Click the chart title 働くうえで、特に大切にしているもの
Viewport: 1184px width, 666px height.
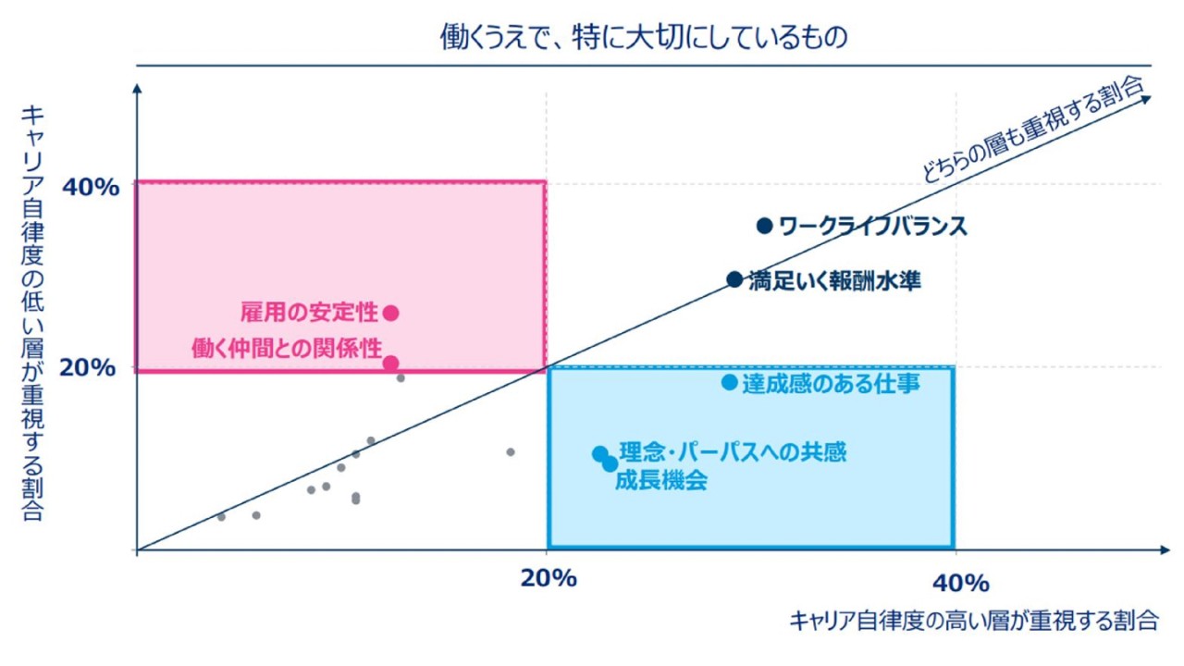644,38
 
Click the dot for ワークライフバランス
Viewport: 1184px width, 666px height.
764,226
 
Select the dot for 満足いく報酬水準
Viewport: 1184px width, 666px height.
734,279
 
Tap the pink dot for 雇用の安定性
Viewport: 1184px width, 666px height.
391,313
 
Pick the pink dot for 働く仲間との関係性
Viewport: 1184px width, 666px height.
391,364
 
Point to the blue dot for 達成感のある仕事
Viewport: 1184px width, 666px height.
730,382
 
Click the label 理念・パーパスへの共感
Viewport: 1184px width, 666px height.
733,452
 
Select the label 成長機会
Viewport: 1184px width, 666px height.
660,481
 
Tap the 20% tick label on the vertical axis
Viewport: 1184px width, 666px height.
90,368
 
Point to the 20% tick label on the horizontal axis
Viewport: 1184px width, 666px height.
549,580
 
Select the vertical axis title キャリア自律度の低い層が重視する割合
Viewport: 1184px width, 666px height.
32,313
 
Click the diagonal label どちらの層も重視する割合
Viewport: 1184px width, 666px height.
1033,129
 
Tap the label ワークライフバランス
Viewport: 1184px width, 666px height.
872,226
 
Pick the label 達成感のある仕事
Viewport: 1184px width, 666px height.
831,383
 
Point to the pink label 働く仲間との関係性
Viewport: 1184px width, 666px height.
287,349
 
